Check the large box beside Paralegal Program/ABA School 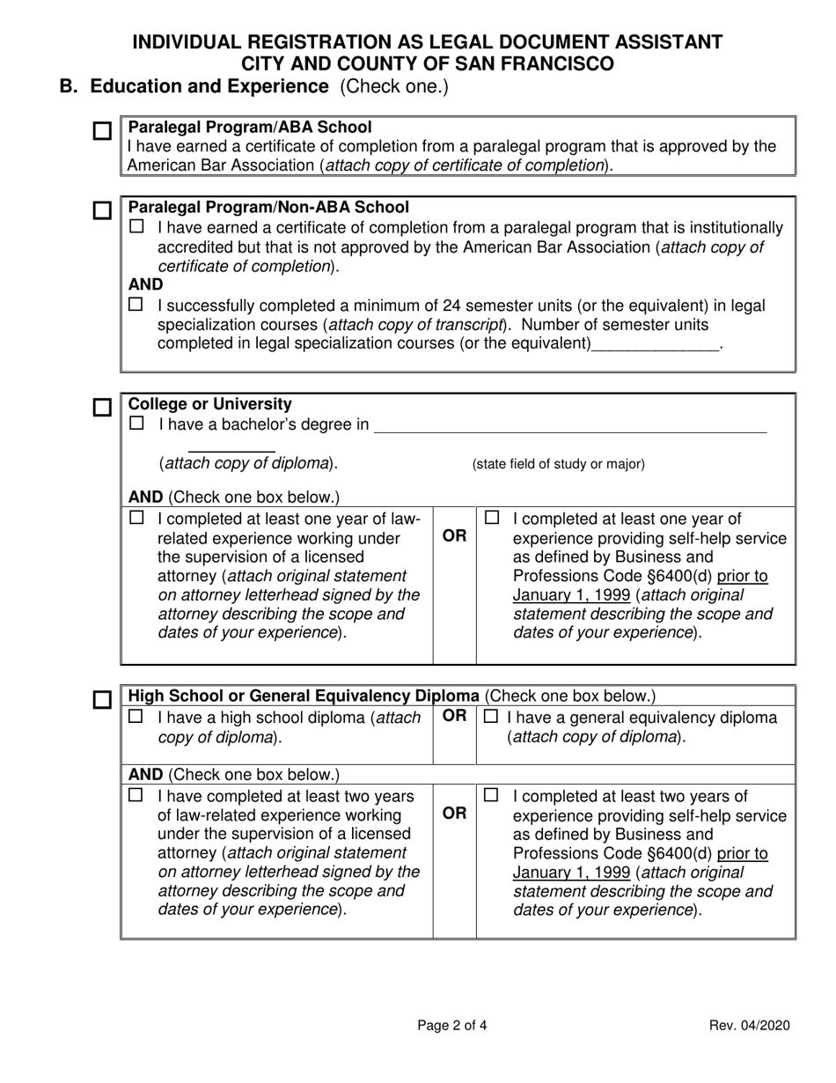tap(103, 131)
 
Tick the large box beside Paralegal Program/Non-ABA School tap(103, 211)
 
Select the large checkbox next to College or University tap(103, 409)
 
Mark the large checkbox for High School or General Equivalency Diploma tap(103, 700)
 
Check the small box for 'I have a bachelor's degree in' tap(136, 424)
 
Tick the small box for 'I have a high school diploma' tap(136, 718)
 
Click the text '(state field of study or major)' tap(559, 464)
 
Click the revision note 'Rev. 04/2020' tap(750, 1025)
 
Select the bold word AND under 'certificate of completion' tap(145, 285)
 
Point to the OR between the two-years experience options tap(454, 814)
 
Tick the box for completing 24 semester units tap(136, 306)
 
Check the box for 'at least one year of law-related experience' tap(136, 518)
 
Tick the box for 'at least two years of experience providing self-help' tap(491, 795)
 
